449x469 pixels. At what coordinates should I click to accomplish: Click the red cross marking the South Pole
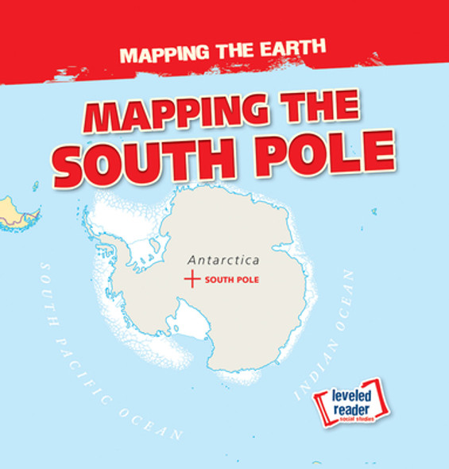[x=191, y=279]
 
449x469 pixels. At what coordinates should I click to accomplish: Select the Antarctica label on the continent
[x=224, y=260]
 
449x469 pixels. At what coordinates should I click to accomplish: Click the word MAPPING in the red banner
[x=162, y=54]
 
